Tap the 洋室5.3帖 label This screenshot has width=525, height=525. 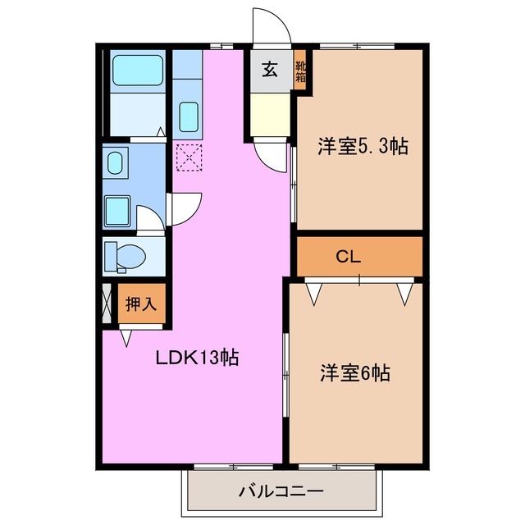coord(363,147)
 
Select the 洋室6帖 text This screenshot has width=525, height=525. coord(354,373)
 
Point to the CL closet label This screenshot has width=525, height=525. coord(349,256)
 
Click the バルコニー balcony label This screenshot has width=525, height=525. coord(281,492)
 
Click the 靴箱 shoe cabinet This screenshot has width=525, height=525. coord(301,72)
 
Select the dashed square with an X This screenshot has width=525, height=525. coord(189,157)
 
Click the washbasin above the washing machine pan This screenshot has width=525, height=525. coord(116,162)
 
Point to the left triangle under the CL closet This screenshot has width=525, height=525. coord(313,293)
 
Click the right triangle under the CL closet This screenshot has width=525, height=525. coord(404,293)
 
